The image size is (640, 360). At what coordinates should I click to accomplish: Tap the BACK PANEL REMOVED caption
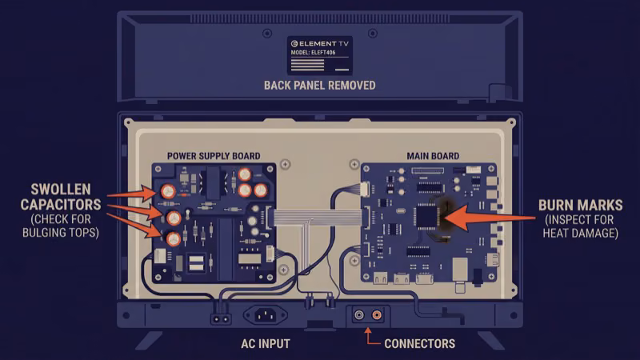click(x=319, y=85)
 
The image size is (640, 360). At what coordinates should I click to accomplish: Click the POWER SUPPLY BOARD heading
click(x=213, y=155)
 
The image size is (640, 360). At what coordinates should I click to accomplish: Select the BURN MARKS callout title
click(x=576, y=206)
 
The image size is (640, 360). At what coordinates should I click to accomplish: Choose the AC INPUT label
click(x=265, y=344)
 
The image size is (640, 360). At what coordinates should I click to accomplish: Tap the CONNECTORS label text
click(x=419, y=344)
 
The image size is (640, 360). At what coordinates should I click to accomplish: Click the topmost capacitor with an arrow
click(x=169, y=192)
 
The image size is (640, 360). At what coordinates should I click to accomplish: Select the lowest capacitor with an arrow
click(x=173, y=238)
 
